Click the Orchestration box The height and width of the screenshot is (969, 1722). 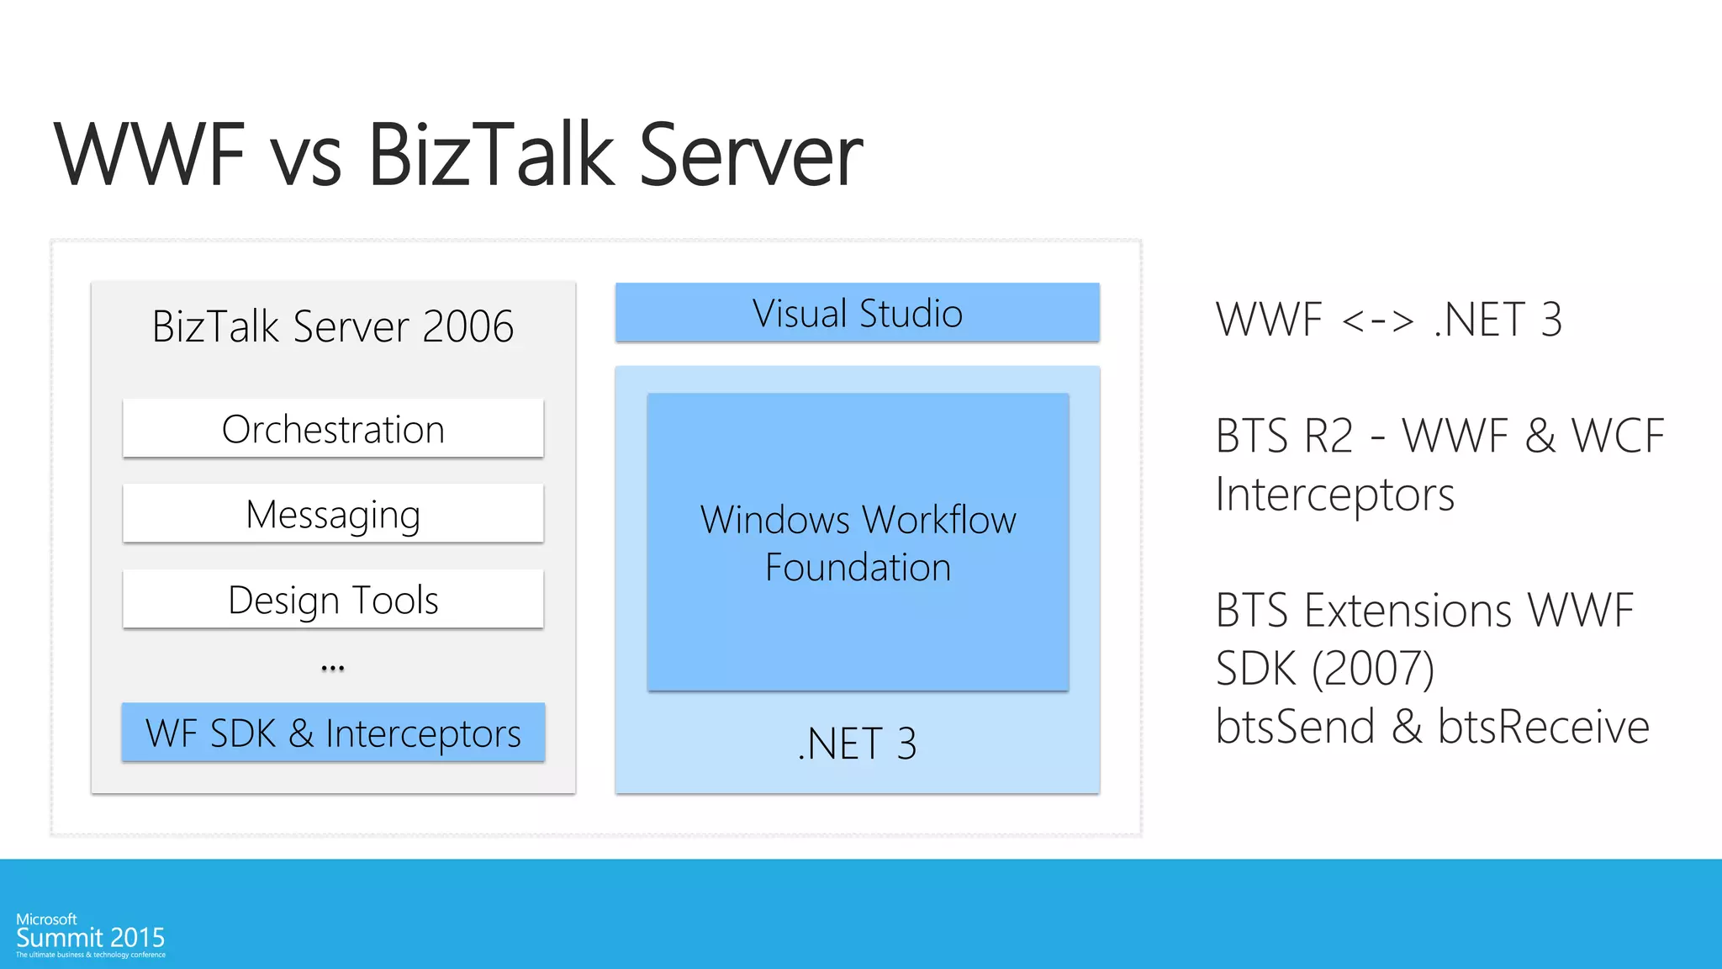[x=333, y=429]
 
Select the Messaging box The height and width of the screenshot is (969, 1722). [x=333, y=514]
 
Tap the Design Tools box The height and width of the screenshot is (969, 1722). [x=333, y=600]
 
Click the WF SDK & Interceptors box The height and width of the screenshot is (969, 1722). [x=333, y=733]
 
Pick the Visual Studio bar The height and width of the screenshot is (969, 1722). [x=857, y=313]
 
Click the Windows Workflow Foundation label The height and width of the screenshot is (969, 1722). [x=858, y=543]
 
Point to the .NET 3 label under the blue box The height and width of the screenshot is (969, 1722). [x=857, y=744]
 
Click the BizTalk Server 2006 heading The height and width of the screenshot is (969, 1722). [x=333, y=326]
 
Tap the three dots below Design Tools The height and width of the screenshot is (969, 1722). [x=333, y=669]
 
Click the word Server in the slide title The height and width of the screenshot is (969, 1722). [x=750, y=155]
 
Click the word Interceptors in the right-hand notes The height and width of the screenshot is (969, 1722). [x=1334, y=495]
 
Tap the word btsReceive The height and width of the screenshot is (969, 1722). [x=1543, y=727]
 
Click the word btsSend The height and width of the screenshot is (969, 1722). [x=1295, y=727]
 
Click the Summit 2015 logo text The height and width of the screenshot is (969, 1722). [x=91, y=938]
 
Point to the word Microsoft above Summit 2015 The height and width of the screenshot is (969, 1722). [x=46, y=919]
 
